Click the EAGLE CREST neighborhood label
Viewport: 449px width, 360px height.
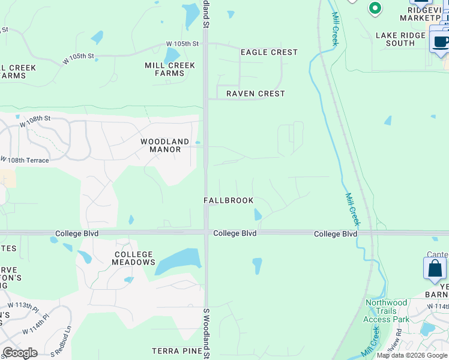[x=269, y=52]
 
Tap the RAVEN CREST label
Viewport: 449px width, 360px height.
[x=255, y=94]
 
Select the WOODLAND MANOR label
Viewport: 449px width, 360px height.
[x=165, y=145]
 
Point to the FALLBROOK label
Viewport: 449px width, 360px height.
[x=228, y=200]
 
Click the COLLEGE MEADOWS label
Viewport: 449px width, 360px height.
[x=134, y=259]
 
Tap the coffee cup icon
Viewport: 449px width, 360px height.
[x=441, y=41]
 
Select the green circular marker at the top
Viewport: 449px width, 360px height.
[x=375, y=8]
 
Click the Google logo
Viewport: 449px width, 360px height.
[x=20, y=353]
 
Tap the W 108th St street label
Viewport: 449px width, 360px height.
[x=35, y=119]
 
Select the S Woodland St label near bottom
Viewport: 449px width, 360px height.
[x=206, y=334]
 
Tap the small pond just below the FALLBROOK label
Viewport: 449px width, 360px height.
[x=258, y=214]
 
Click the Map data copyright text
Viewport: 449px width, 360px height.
[x=412, y=355]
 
